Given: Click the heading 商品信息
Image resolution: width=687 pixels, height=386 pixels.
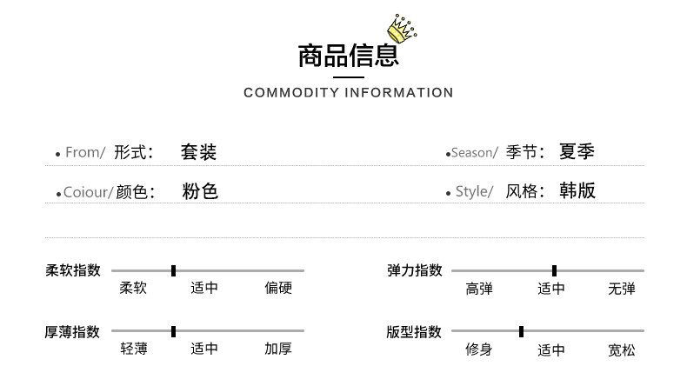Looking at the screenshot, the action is pyautogui.click(x=348, y=56).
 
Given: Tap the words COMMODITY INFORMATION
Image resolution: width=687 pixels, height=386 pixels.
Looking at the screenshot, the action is pyautogui.click(x=348, y=93).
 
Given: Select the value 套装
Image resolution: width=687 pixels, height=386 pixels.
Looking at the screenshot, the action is pyautogui.click(x=198, y=152).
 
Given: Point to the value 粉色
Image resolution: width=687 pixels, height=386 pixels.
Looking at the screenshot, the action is pyautogui.click(x=200, y=191).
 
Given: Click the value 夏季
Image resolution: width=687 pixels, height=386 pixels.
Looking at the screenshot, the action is pyautogui.click(x=577, y=152).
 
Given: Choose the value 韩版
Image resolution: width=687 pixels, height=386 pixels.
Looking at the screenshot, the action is pyautogui.click(x=577, y=191).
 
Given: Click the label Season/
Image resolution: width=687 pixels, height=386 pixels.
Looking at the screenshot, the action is pyautogui.click(x=474, y=153).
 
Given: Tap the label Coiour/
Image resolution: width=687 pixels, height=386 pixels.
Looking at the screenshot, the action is pyautogui.click(x=88, y=192).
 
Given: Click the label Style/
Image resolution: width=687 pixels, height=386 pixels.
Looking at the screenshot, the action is pyautogui.click(x=474, y=192).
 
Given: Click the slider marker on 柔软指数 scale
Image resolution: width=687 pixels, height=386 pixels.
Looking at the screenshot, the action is pyautogui.click(x=174, y=270).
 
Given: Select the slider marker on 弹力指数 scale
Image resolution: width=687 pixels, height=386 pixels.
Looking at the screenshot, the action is pyautogui.click(x=554, y=270).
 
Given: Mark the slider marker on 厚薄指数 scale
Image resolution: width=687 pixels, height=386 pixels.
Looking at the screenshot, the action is pyautogui.click(x=174, y=331).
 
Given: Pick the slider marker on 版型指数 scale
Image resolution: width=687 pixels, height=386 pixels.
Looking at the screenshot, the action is pyautogui.click(x=521, y=331).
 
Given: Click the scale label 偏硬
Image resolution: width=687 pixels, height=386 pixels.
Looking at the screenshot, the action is pyautogui.click(x=278, y=288).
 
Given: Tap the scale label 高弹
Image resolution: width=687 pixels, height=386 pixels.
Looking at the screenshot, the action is pyautogui.click(x=479, y=289).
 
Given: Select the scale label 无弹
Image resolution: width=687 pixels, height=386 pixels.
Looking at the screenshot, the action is pyautogui.click(x=621, y=289).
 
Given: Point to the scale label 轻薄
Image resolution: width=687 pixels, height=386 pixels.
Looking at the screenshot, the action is pyautogui.click(x=134, y=349).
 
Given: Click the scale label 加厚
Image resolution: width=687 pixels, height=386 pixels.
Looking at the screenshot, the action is pyautogui.click(x=278, y=349).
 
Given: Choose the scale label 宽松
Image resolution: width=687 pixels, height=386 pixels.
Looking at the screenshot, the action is pyautogui.click(x=621, y=350).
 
